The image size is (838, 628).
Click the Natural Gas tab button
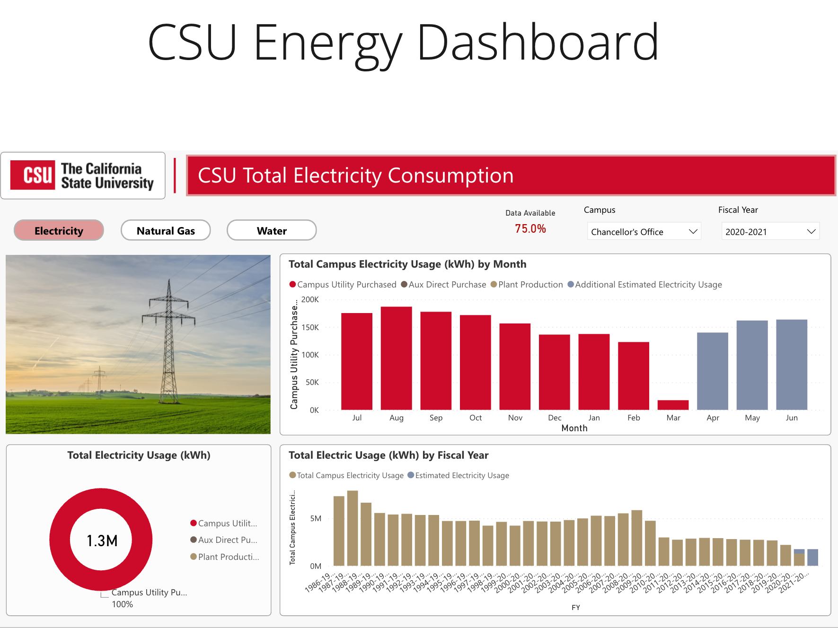166,231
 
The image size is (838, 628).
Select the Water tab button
272,231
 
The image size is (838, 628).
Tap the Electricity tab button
59,231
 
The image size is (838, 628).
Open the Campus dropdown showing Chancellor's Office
644,232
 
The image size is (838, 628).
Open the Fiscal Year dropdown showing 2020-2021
770,232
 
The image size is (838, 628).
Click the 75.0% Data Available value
530,229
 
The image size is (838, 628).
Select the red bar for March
673,405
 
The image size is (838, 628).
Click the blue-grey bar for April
712,371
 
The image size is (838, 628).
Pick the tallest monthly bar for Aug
396,358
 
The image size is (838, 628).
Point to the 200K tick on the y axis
310,299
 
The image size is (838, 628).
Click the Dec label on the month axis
555,418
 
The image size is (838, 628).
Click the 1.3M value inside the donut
102,541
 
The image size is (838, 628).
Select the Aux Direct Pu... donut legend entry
227,540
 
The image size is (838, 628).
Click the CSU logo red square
33,175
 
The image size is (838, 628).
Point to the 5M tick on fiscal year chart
316,518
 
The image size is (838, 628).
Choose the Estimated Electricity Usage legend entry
461,475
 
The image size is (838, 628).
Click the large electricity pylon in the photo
169,340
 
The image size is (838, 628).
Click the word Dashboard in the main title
538,43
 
